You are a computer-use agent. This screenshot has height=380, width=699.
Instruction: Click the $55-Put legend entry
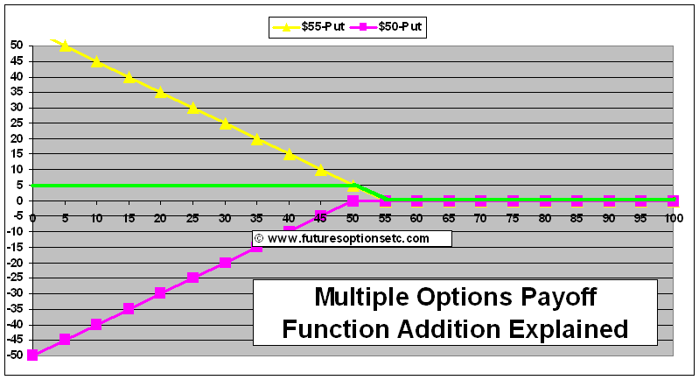(x=309, y=27)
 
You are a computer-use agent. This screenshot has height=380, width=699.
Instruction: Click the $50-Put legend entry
(x=386, y=27)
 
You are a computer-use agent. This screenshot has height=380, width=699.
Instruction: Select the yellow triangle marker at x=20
(x=161, y=93)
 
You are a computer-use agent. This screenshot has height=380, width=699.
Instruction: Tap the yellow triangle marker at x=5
(x=65, y=46)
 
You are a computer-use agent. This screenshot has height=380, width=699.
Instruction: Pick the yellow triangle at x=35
(x=257, y=139)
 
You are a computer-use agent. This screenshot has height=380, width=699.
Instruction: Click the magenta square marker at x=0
(x=32, y=355)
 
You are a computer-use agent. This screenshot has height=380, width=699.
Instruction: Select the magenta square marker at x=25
(x=192, y=278)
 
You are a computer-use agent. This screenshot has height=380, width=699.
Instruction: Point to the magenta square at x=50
(x=353, y=201)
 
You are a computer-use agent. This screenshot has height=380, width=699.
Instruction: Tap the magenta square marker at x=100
(x=673, y=201)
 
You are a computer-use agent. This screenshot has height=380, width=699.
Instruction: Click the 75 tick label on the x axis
(x=513, y=218)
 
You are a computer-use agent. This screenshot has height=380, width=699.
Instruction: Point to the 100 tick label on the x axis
(x=674, y=218)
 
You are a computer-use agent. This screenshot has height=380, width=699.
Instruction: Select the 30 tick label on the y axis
(x=17, y=108)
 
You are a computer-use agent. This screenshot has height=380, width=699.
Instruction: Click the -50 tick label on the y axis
(x=15, y=355)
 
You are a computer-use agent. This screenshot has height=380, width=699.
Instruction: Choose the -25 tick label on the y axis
(x=15, y=278)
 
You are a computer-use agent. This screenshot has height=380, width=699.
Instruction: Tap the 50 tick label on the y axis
(x=17, y=46)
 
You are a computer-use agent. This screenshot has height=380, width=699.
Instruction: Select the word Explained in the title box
(x=569, y=329)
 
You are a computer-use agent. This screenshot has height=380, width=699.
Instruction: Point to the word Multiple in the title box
(x=362, y=297)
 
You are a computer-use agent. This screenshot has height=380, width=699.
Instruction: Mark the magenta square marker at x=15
(x=129, y=308)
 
